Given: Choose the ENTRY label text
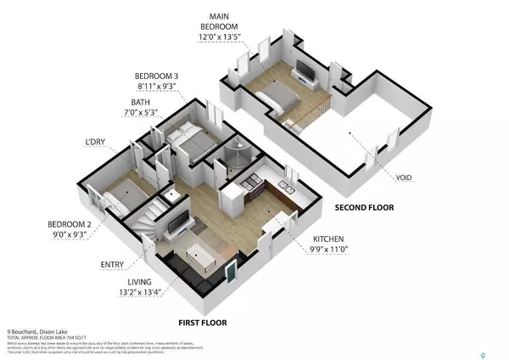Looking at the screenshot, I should point(113,264).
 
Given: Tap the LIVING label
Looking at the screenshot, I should point(140,283).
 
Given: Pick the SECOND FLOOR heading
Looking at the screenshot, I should point(364,207).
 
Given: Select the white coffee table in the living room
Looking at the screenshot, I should point(199,253).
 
